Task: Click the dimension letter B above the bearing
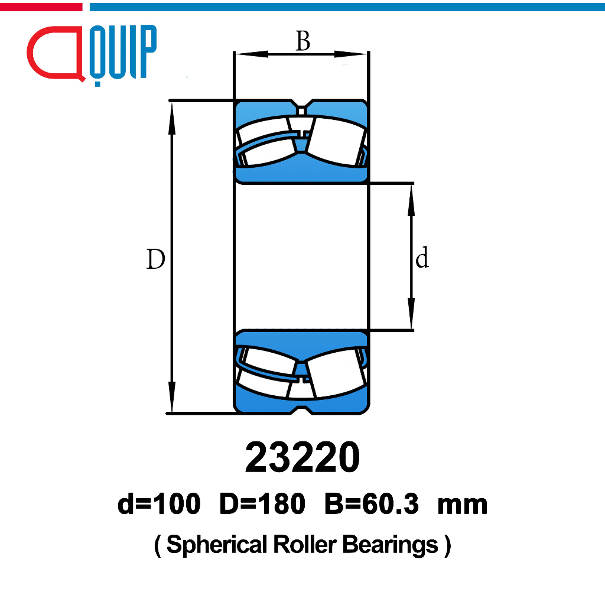303,41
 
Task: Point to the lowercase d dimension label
422,258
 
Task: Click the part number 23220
302,457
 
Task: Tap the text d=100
159,504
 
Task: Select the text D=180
262,504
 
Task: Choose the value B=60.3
372,504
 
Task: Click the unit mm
462,506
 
